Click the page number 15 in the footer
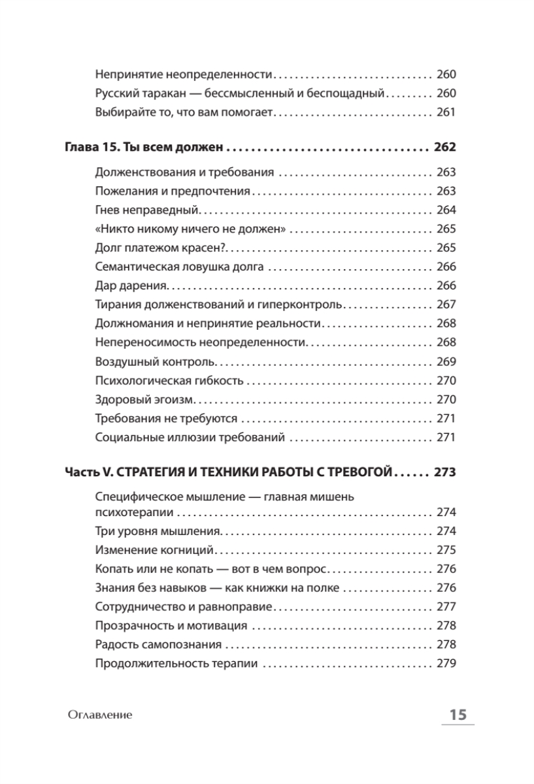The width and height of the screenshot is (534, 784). point(457,715)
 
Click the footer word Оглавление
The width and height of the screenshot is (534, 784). point(100,715)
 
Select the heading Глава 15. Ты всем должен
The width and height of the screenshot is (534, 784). point(144,148)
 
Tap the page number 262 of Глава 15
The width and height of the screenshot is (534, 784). point(444,148)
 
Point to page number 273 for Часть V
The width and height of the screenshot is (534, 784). point(444,472)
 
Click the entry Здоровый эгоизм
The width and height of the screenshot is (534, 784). point(144,400)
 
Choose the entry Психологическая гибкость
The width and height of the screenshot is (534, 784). point(169,381)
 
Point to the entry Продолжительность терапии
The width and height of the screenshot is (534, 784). point(176,664)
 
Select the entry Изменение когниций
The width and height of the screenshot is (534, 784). point(155,550)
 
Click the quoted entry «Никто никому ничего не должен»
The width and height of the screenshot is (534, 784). point(192,229)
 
